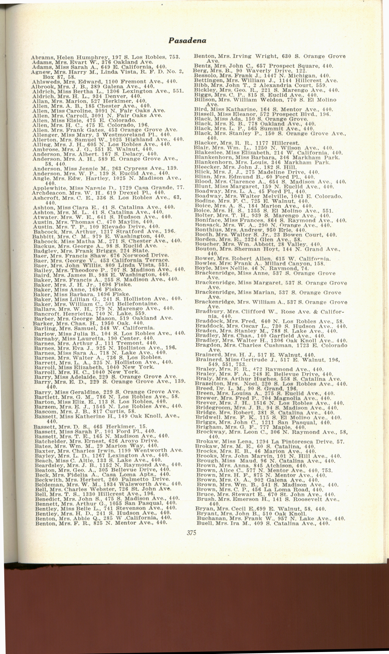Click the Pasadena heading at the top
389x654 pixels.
coord(187,41)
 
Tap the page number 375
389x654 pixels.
coord(192,533)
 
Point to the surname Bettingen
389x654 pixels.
coord(206,80)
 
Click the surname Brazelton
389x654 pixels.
coord(209,384)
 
